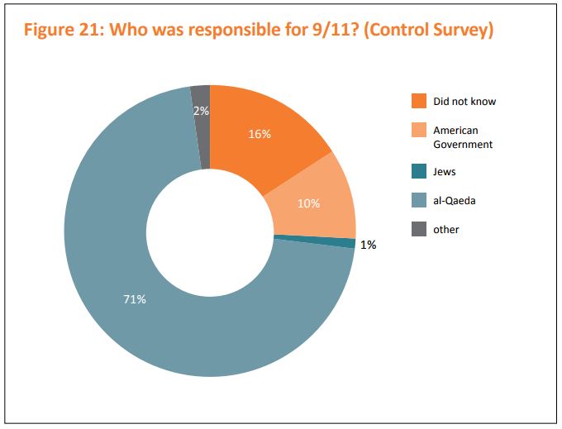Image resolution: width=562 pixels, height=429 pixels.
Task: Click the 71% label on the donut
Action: point(135,299)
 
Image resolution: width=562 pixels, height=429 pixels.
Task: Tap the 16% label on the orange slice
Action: point(260,134)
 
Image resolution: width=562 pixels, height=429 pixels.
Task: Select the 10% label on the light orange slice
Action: point(308,203)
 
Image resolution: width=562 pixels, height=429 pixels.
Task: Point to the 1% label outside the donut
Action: point(368,245)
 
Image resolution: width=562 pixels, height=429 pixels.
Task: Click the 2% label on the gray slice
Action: point(201,111)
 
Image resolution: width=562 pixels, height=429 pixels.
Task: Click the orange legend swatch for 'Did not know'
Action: point(419,102)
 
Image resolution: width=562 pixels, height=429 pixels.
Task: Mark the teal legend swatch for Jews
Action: point(419,172)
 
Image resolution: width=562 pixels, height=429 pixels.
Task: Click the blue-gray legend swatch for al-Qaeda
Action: point(419,201)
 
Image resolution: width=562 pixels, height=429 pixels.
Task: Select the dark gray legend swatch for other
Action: point(419,229)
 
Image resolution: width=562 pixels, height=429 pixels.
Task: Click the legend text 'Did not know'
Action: point(464,102)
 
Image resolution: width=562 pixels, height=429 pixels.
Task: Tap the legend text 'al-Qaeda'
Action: point(455,201)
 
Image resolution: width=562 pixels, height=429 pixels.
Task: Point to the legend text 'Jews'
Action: point(445,172)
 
